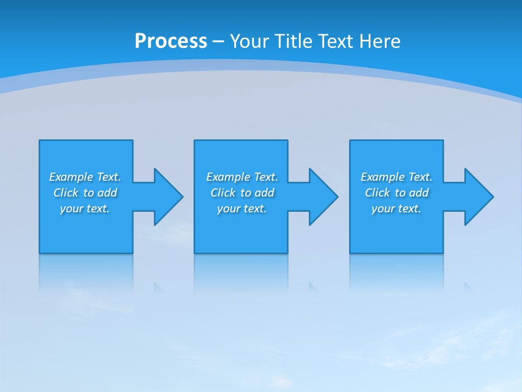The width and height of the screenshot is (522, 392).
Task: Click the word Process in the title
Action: point(171,41)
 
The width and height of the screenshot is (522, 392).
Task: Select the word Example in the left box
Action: point(71,177)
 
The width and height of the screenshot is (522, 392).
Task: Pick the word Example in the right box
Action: point(383,177)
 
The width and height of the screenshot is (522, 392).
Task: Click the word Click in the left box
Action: point(66,193)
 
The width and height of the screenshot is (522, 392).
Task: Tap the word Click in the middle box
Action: point(223,193)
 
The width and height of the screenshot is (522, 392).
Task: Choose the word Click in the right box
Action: point(377,193)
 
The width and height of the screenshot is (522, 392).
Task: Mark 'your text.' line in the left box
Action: point(85,209)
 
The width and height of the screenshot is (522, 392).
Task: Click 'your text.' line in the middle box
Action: point(242,209)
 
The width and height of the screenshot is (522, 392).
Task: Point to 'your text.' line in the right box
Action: point(396,209)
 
